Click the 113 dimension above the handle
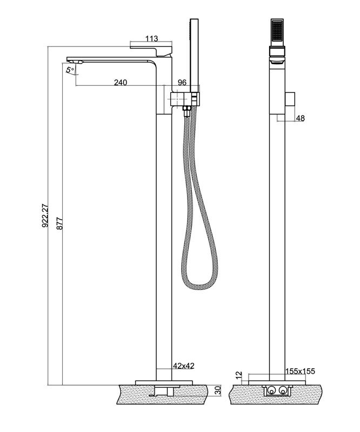152,38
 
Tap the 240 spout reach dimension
121,82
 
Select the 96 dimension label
182,82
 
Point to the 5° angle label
70,70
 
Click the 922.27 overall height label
45,215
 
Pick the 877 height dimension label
60,224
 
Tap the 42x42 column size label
184,366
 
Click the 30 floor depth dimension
218,390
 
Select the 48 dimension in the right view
300,118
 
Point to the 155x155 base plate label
300,371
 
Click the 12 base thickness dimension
239,375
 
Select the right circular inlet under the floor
283,390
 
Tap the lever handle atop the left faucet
151,49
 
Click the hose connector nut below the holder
187,110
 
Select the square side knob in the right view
290,99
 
